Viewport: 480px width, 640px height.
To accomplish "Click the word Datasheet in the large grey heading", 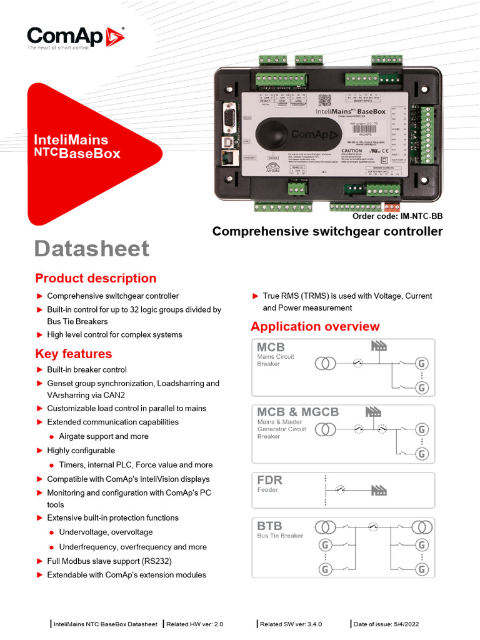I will (x=91, y=249).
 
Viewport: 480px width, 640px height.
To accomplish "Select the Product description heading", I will (x=96, y=279).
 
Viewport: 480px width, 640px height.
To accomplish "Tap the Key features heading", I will (x=73, y=354).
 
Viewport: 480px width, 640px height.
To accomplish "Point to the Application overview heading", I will (x=315, y=326).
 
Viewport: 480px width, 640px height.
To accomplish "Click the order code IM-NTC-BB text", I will (x=397, y=216).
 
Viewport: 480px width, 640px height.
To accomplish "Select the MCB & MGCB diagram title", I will (x=297, y=412).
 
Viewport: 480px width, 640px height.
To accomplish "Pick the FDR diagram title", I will (x=270, y=480).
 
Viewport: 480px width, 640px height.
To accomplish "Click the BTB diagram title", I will (x=270, y=526).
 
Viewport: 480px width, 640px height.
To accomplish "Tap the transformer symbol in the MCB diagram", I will (x=325, y=362).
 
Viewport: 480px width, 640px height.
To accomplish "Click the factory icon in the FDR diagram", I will (x=379, y=490).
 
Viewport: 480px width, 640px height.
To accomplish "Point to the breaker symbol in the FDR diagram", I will (x=339, y=491).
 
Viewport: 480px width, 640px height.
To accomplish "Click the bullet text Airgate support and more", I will (x=104, y=436).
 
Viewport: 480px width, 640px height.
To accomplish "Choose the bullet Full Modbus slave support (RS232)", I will (x=109, y=561).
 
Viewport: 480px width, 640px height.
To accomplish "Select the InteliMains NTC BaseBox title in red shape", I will (x=77, y=147).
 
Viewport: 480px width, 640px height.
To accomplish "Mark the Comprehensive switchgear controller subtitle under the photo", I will (x=327, y=232).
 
